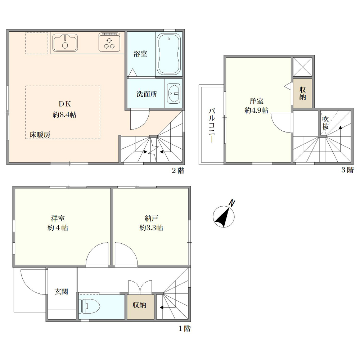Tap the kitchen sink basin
click(x=65, y=43)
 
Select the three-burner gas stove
click(x=109, y=42)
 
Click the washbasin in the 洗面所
click(x=174, y=93)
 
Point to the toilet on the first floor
click(x=89, y=306)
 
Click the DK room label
click(x=65, y=104)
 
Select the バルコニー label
click(x=212, y=126)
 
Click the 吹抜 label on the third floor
click(x=325, y=123)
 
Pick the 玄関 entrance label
click(x=61, y=292)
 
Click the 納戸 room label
click(x=151, y=218)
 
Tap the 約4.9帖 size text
click(x=256, y=111)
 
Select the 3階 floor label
click(x=347, y=170)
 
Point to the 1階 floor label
click(x=185, y=329)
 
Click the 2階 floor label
click(x=178, y=170)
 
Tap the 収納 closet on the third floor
click(x=303, y=94)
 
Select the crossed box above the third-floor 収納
click(x=303, y=67)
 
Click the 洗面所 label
click(x=147, y=94)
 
